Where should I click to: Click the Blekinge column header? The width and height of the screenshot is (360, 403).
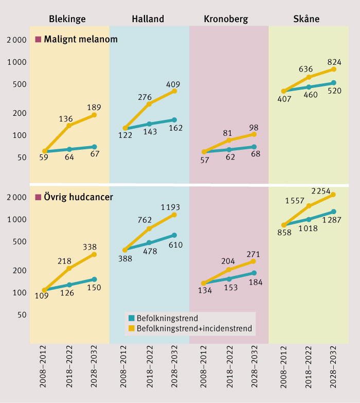(x=67, y=19)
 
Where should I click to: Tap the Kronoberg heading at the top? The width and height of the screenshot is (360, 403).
(x=226, y=19)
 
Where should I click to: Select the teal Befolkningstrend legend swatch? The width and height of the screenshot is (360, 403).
(x=131, y=318)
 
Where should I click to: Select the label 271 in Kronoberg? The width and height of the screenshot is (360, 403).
(x=253, y=253)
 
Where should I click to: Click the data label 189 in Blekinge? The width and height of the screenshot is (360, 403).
(x=94, y=107)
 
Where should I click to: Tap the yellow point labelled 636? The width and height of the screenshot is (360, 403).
(x=309, y=77)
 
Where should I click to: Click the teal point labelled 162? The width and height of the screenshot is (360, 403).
(x=174, y=120)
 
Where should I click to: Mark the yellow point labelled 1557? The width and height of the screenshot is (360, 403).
(x=309, y=206)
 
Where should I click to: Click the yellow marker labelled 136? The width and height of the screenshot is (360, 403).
(x=69, y=126)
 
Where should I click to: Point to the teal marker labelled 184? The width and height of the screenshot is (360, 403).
(x=254, y=273)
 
